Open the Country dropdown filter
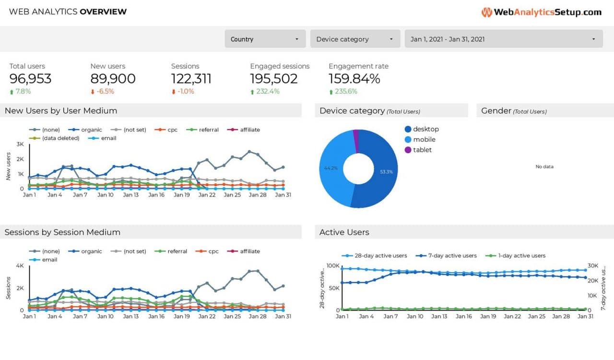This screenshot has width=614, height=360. click(265, 39)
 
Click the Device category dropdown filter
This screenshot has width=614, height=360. click(355, 39)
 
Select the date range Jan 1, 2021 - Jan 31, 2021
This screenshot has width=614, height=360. click(503, 39)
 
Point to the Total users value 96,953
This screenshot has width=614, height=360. click(30, 79)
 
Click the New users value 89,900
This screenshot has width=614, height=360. click(113, 79)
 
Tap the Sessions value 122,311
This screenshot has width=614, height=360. click(191, 79)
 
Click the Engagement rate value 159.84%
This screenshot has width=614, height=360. click(354, 79)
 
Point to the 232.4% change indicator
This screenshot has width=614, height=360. click(268, 92)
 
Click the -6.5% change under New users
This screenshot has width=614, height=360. click(105, 92)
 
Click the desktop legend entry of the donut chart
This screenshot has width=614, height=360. click(425, 129)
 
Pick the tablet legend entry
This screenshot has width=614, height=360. click(422, 150)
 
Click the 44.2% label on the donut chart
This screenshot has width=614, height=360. click(331, 168)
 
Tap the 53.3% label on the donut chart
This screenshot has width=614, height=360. click(386, 171)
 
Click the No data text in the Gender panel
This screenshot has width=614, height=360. click(544, 167)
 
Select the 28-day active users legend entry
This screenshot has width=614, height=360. click(380, 256)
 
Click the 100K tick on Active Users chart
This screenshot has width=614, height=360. click(332, 265)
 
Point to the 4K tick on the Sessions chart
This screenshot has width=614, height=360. click(20, 265)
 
